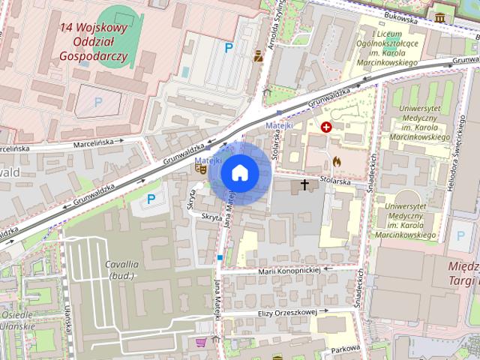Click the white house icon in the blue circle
click(x=239, y=173)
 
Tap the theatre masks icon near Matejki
click(x=200, y=169)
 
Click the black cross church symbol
click(x=304, y=183)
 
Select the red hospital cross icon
click(x=326, y=127)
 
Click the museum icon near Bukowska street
click(x=439, y=16)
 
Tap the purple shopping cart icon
click(x=200, y=342)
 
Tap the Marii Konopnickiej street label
click(x=289, y=270)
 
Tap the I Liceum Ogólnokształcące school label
click(x=395, y=49)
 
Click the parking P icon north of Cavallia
click(x=151, y=199)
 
